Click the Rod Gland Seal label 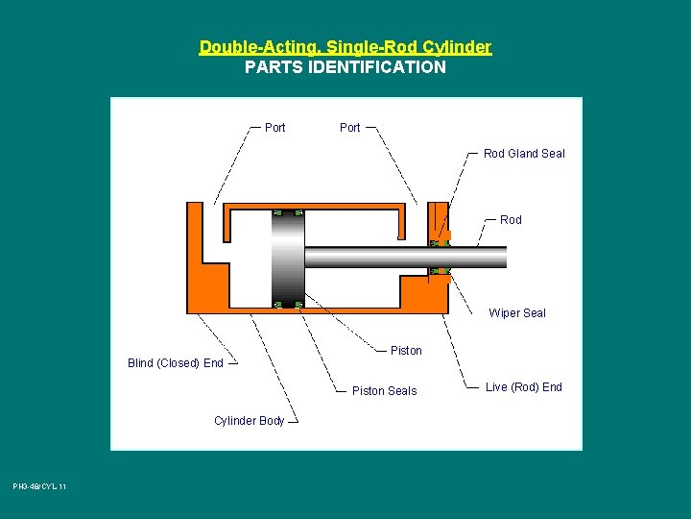tap(524, 154)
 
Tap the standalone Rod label tap(511, 220)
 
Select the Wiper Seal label tap(516, 313)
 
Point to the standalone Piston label tap(406, 351)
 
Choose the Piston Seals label tap(384, 391)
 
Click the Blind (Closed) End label tap(175, 363)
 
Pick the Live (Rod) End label tap(524, 387)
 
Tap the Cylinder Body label tap(249, 421)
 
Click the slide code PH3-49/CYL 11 tap(39, 487)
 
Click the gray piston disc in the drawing tap(288, 259)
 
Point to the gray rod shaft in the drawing tap(403, 258)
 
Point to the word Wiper tap(505, 313)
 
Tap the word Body tap(272, 421)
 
